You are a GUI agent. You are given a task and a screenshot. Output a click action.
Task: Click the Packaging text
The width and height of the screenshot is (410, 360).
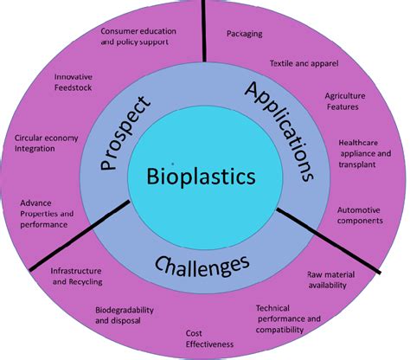point(245,34)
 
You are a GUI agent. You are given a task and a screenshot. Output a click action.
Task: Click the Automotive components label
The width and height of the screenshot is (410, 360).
point(360,215)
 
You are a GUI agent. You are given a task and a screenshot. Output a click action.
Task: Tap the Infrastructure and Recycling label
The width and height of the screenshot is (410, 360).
point(77,276)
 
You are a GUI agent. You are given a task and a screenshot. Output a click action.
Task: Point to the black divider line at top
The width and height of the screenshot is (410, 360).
point(204,30)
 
